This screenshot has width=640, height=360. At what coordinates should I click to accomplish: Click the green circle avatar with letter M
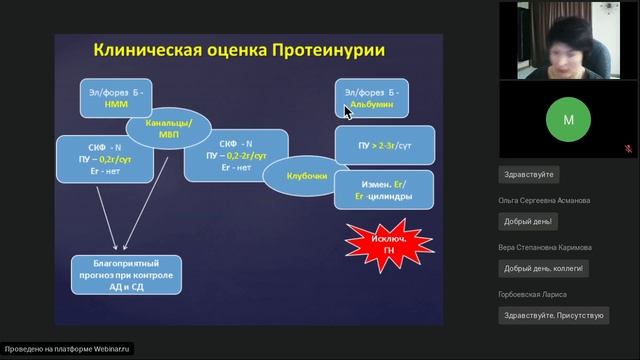pyautogui.click(x=568, y=119)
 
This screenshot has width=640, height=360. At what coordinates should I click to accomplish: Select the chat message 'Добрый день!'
pyautogui.click(x=529, y=221)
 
